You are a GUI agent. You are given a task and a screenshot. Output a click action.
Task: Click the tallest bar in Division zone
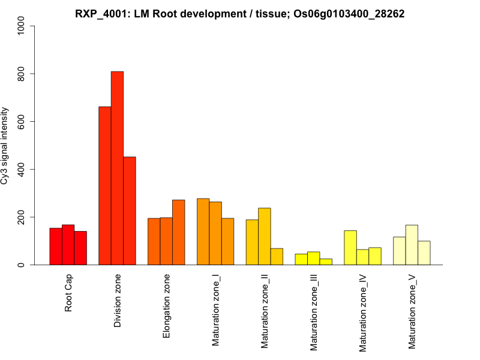tap(117, 168)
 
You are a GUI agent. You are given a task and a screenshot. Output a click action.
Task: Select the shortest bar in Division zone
tap(130, 211)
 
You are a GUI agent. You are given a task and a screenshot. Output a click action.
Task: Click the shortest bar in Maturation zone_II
tap(277, 256)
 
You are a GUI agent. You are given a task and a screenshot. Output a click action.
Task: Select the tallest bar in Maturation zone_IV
tap(350, 247)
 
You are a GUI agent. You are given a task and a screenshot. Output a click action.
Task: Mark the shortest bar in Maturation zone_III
tap(326, 262)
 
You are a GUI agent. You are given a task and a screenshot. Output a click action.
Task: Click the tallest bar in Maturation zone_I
tap(203, 232)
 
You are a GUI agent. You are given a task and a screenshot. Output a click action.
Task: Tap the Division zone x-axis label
tap(118, 301)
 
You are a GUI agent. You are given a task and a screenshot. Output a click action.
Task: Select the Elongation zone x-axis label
tap(167, 306)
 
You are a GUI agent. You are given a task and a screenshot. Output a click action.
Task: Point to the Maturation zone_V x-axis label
tap(412, 311)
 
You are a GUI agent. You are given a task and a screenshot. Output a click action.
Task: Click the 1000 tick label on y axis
tap(22, 26)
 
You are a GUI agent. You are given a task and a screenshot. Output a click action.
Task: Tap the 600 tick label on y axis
tap(22, 122)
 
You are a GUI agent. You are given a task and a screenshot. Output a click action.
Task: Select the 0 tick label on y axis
tap(22, 265)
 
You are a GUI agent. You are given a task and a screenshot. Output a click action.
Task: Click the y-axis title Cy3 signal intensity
tap(5, 146)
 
